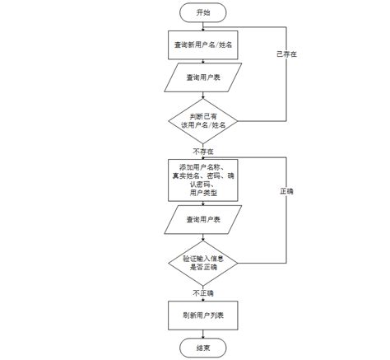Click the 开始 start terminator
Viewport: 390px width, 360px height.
pos(203,13)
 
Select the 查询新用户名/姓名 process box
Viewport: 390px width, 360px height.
pos(203,46)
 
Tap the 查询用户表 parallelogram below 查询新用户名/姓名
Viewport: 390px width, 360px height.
pos(203,77)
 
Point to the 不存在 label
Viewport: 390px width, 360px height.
pos(203,152)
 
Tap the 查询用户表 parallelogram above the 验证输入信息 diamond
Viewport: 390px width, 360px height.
pos(203,220)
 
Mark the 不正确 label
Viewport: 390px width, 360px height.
pos(203,292)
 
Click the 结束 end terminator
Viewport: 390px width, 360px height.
pos(203,348)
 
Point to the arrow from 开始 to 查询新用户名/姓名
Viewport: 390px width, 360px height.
pos(203,27)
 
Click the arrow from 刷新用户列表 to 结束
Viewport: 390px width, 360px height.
pos(203,334)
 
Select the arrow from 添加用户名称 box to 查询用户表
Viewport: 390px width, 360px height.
pos(203,203)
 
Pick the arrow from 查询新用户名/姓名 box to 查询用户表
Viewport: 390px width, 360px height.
pos(203,62)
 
